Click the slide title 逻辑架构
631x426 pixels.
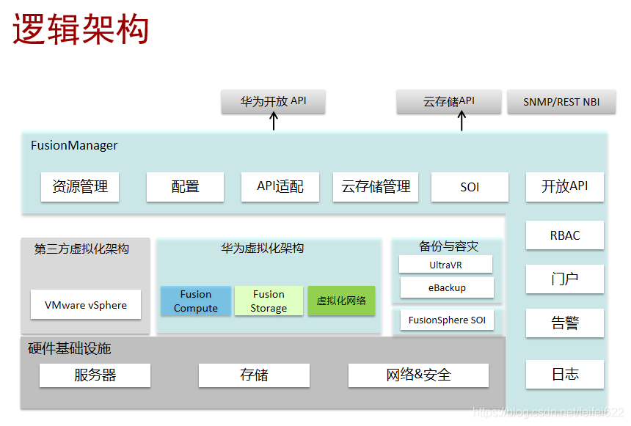(81, 30)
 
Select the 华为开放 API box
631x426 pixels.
(273, 102)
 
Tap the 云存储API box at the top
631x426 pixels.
(449, 102)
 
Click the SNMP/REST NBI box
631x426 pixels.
(561, 102)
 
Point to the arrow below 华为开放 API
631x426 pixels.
(274, 122)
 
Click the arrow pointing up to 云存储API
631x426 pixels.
(462, 122)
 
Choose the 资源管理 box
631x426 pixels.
(80, 187)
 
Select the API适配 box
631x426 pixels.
(280, 187)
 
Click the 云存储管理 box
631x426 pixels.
(376, 187)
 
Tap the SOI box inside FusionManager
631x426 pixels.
(470, 187)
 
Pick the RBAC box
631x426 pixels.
(565, 235)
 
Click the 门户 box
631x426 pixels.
(565, 279)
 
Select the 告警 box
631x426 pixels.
(565, 323)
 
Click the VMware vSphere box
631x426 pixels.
(86, 305)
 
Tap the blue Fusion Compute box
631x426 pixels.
(196, 301)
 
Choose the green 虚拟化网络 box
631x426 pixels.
(341, 301)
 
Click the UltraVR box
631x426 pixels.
(446, 265)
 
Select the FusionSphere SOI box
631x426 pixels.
(447, 320)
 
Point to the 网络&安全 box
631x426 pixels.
(418, 375)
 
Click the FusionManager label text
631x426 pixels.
(74, 145)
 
